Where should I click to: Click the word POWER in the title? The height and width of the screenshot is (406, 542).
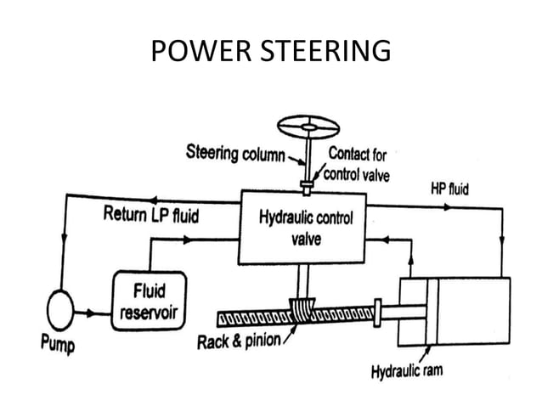[x=193, y=53]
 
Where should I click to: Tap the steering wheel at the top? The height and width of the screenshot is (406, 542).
[x=309, y=127]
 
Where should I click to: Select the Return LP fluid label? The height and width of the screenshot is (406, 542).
[x=151, y=216]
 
